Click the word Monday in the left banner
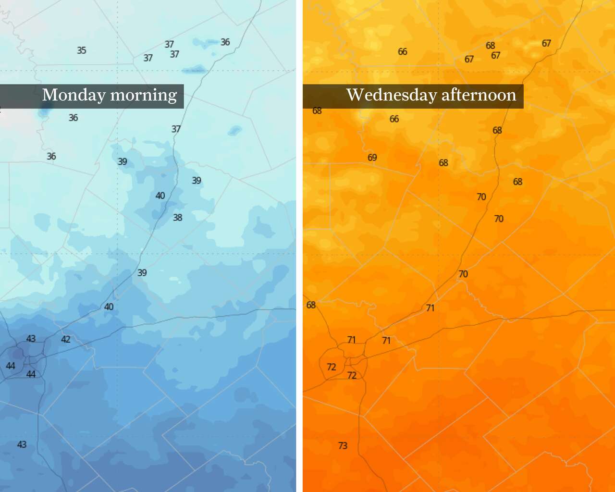(74, 95)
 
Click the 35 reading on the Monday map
(82, 50)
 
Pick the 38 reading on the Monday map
(178, 218)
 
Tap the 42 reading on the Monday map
(66, 340)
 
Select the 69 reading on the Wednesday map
(372, 158)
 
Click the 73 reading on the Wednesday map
(343, 446)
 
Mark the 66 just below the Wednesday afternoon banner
(394, 119)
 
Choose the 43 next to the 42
(31, 339)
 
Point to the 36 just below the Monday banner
(73, 118)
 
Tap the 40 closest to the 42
(109, 307)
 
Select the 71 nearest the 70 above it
(430, 308)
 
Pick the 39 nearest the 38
(197, 181)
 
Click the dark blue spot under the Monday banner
(45, 112)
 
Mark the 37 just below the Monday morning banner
(176, 129)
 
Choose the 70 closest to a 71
(463, 274)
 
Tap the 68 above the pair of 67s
(490, 46)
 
